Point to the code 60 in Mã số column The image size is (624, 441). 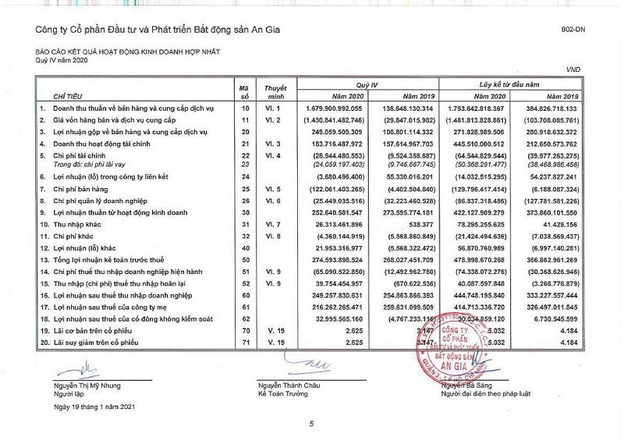[x=243, y=296]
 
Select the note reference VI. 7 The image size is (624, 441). [x=271, y=226]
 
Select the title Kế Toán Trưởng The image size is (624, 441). [x=285, y=394]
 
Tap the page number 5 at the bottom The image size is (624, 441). [x=311, y=424]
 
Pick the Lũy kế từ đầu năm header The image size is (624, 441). [x=510, y=82]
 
